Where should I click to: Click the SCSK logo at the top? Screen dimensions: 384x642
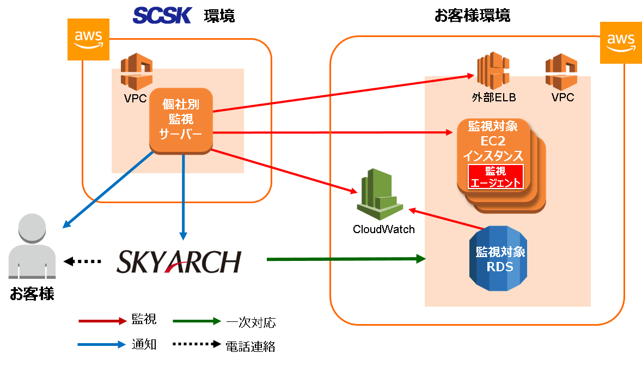point(162,15)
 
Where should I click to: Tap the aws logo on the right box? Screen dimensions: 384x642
point(621,43)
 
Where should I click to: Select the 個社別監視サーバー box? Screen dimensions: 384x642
point(181,120)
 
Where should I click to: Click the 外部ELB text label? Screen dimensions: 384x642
point(493,98)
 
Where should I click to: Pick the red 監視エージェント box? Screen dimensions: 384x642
point(496,176)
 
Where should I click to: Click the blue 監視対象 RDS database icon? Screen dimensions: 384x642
point(499,259)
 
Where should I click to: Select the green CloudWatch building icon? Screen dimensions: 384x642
point(380,194)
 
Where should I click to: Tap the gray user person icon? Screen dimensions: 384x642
point(32,246)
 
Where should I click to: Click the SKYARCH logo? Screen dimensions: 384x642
point(179,261)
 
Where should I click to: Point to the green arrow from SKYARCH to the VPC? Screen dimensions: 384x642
point(346,259)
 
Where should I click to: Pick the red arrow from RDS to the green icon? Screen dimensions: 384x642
point(445,218)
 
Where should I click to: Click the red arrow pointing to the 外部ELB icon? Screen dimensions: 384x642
point(343,93)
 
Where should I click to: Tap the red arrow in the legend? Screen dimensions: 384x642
point(102,321)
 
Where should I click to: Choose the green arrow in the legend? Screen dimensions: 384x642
point(197,321)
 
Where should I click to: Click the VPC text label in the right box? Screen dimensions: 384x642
point(562,98)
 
